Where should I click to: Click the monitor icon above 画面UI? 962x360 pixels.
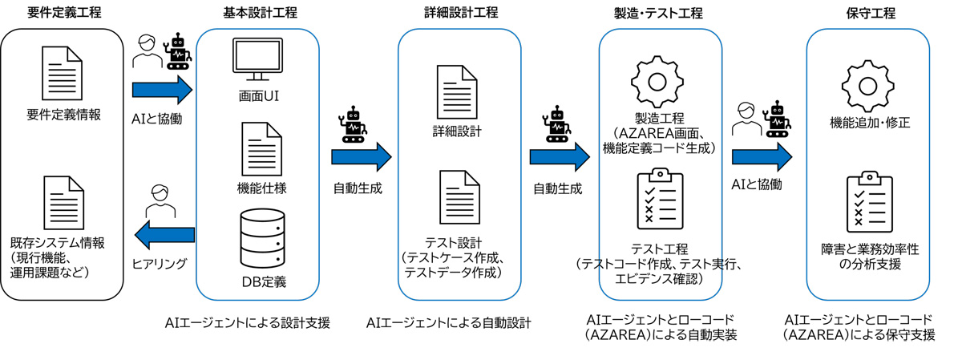[258, 59]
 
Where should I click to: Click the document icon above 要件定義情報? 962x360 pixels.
[62, 71]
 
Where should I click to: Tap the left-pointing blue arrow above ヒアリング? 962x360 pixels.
[163, 235]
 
